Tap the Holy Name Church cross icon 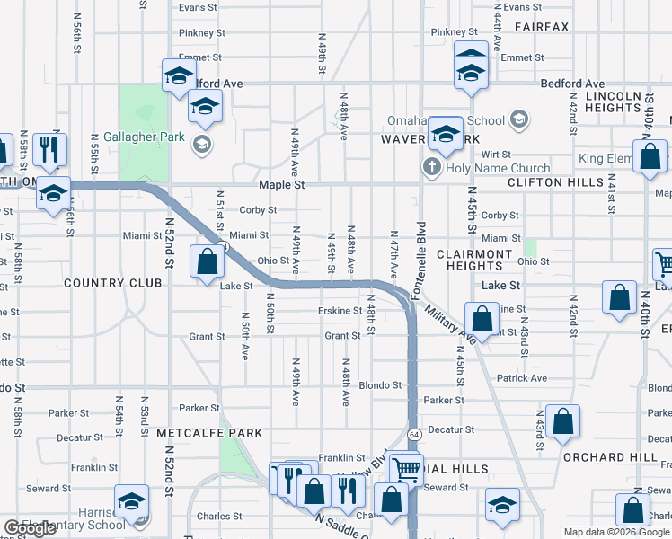(431, 168)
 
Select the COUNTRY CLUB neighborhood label (113, 283)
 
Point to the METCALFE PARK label (209, 432)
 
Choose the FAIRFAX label (542, 27)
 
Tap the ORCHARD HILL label (610, 456)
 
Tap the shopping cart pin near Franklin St (407, 468)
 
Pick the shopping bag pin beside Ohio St (208, 262)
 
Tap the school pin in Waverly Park (445, 134)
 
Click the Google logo (30, 528)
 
